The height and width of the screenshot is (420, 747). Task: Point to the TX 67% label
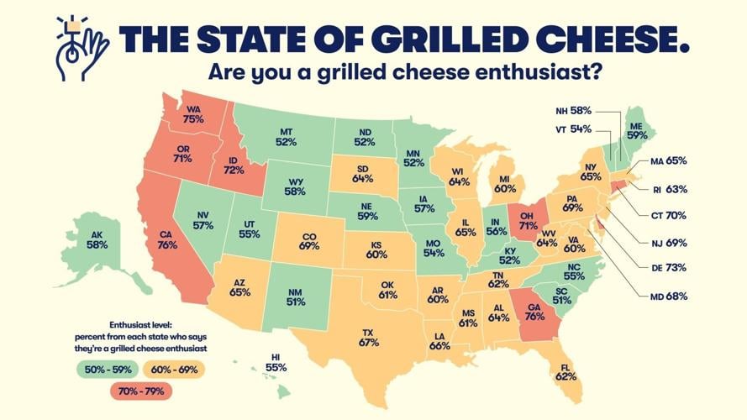368,337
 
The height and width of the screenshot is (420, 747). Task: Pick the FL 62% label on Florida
566,370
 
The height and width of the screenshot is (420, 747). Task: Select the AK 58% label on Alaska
97,238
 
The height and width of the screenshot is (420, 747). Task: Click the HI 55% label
276,362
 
